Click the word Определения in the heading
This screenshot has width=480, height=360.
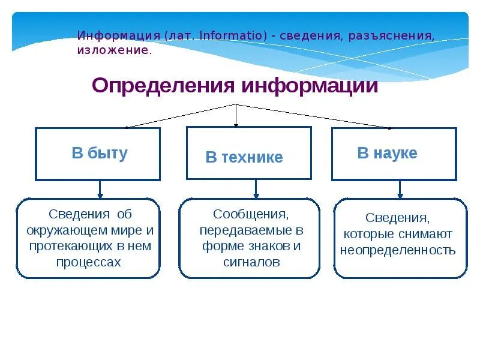[163, 86]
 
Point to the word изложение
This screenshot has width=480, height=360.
[114, 50]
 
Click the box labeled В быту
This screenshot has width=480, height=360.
[98, 154]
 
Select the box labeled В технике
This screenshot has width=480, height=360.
[248, 153]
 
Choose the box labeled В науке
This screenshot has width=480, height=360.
[394, 154]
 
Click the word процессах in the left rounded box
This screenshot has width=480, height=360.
[88, 262]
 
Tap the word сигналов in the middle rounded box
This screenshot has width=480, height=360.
[251, 262]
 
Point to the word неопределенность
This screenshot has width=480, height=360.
[398, 250]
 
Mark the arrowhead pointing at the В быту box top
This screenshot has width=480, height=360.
[127, 127]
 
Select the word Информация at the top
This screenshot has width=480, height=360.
[118, 35]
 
